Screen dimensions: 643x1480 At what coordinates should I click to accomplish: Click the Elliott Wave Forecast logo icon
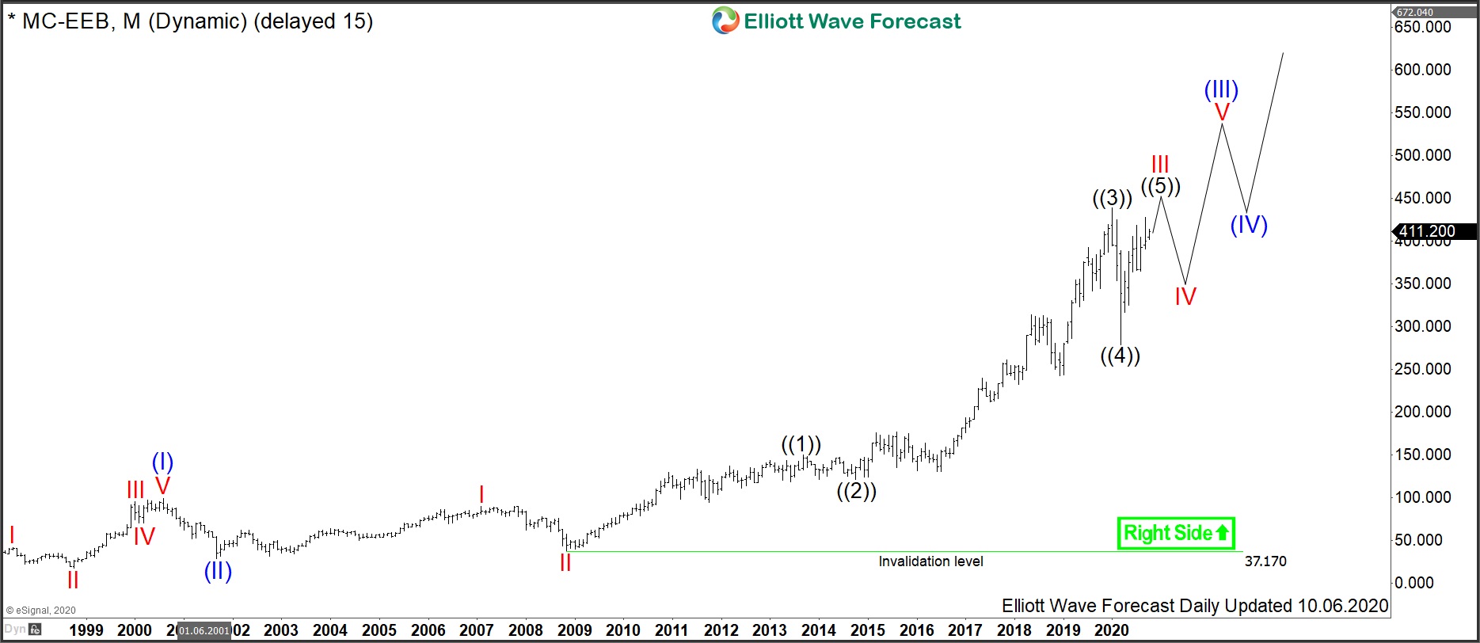pos(725,21)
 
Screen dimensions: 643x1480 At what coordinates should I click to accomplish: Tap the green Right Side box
pos(1176,533)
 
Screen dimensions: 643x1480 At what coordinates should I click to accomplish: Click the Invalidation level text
pos(930,561)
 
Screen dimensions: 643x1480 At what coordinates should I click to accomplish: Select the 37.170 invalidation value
pos(1265,561)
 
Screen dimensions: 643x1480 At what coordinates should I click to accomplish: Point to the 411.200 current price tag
pos(1427,231)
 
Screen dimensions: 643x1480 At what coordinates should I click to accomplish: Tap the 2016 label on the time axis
pos(916,630)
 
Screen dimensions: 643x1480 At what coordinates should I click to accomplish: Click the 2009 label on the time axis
pos(574,630)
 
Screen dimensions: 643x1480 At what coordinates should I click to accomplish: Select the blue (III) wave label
pos(1221,89)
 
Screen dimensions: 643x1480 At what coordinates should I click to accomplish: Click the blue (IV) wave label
pos(1249,225)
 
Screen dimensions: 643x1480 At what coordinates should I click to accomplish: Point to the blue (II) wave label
pos(218,571)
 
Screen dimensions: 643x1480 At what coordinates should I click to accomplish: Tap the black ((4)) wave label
pos(1120,356)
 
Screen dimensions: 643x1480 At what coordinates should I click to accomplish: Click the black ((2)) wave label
pos(857,491)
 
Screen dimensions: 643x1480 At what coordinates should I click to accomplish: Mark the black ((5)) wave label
pos(1161,186)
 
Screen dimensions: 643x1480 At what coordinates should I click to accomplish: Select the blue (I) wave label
pos(162,462)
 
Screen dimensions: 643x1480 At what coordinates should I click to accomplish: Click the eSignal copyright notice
pos(41,611)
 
